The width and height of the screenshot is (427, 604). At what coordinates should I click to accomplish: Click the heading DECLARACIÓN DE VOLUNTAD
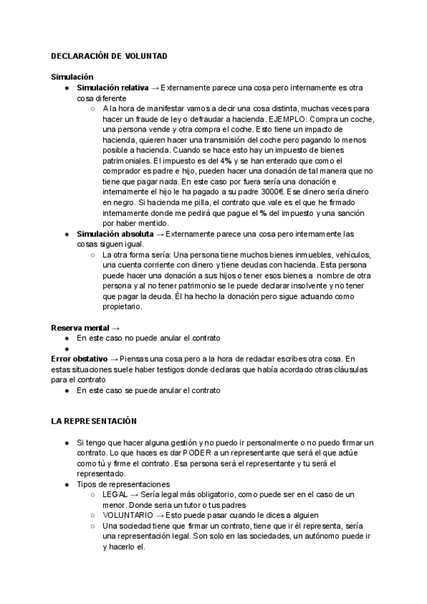[109, 56]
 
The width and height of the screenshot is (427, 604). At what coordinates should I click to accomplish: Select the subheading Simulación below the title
[72, 77]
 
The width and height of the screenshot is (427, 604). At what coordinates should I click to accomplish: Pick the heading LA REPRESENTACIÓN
[94, 422]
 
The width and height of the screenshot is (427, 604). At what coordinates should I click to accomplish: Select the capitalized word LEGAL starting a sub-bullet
[115, 494]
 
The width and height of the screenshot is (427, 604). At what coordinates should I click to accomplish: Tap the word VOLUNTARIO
[127, 515]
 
